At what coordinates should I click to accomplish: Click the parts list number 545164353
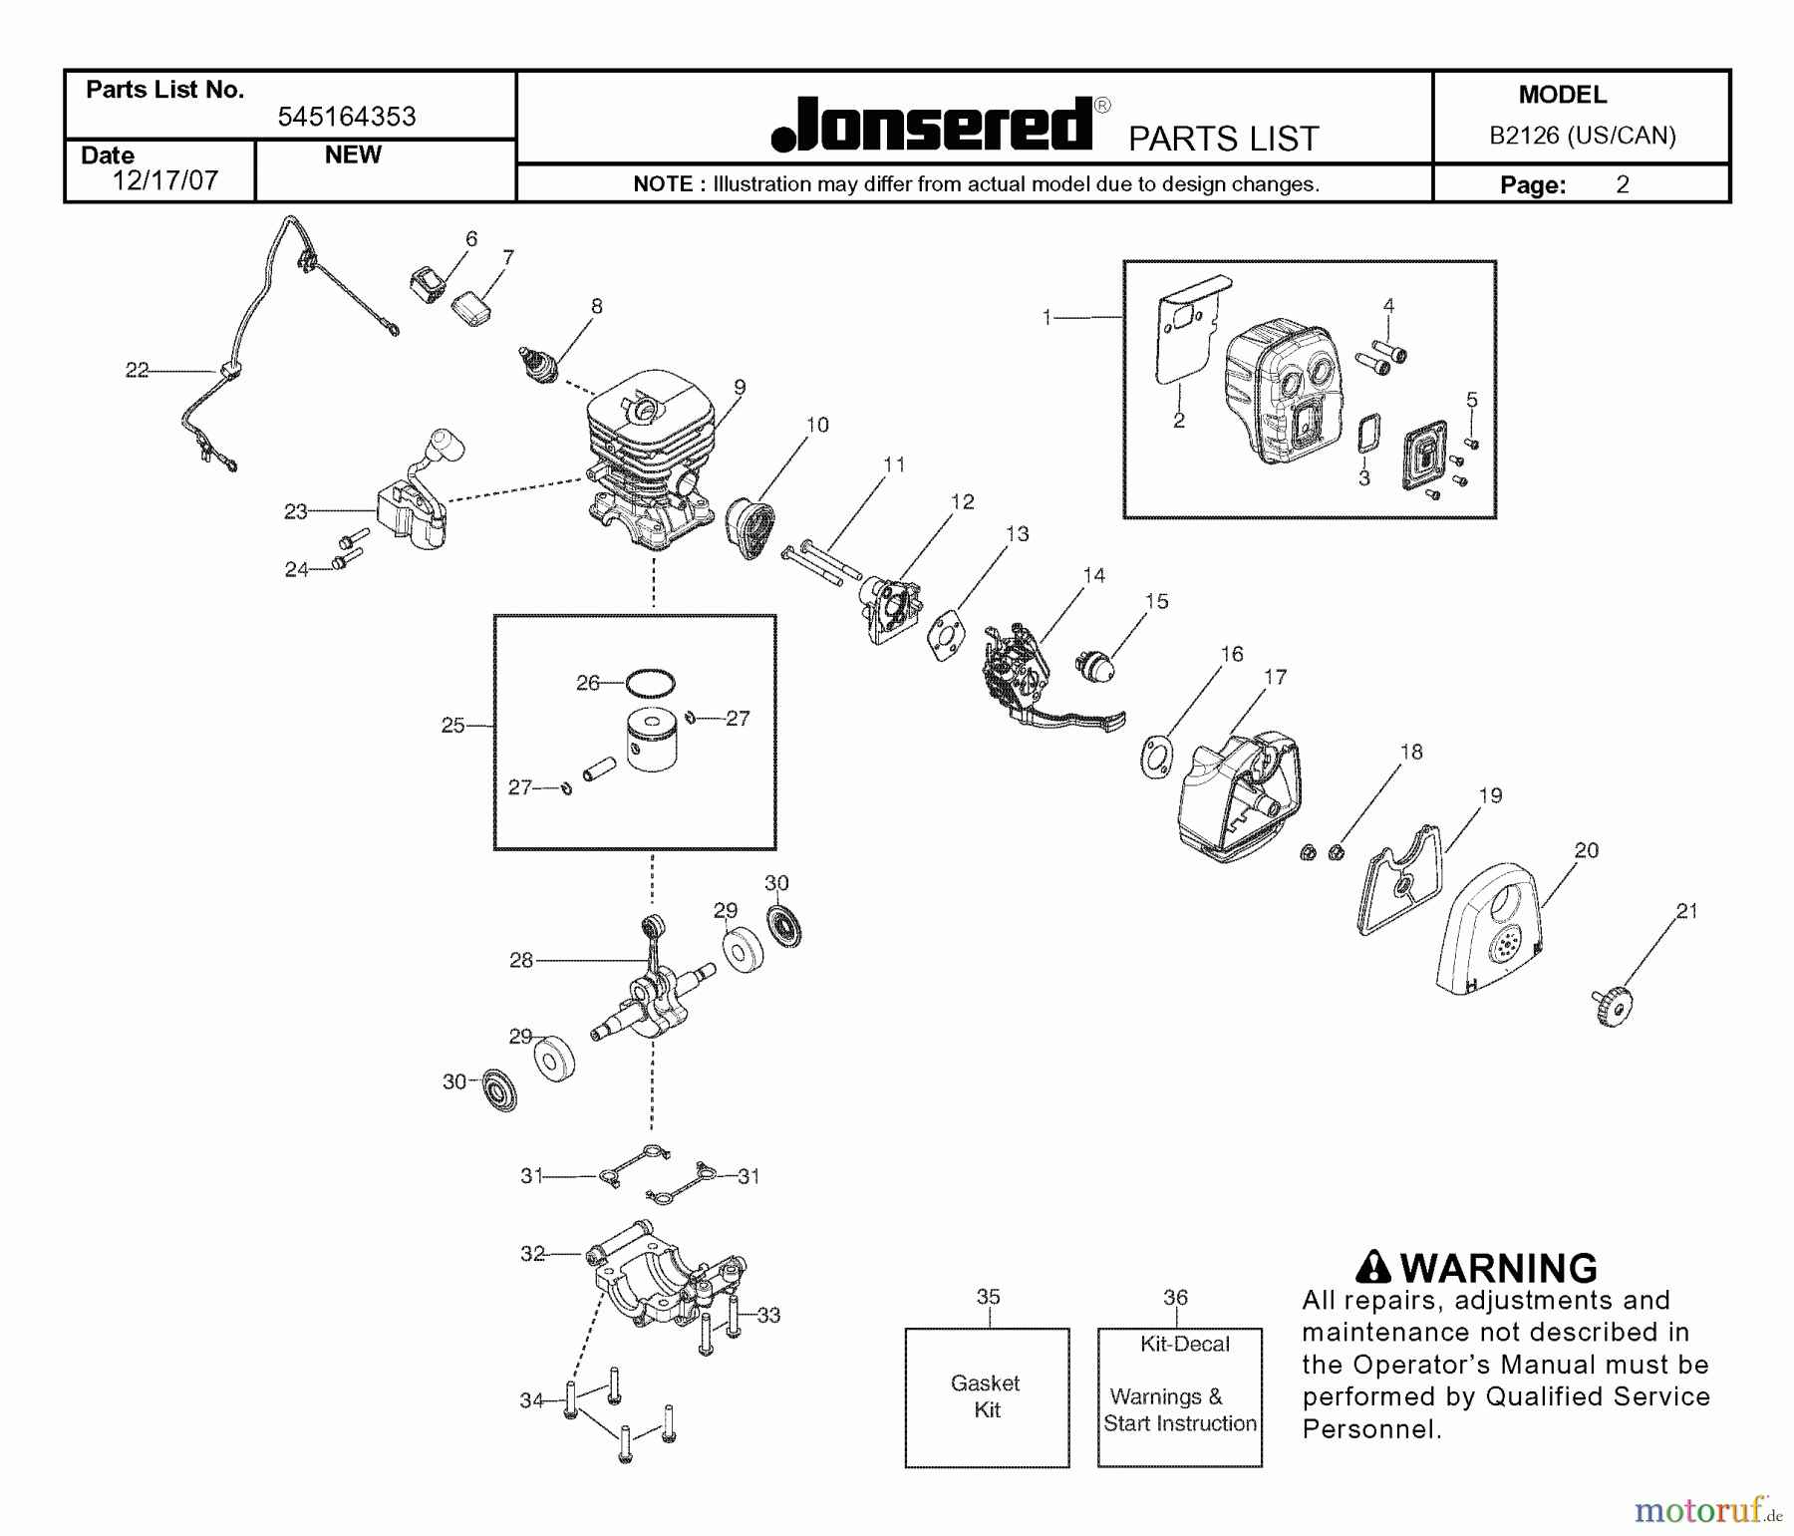coord(347,117)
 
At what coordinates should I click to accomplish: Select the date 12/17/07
coord(164,180)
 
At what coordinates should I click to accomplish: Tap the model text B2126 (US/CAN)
coord(1582,136)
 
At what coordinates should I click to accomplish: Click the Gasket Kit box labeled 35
coord(987,1396)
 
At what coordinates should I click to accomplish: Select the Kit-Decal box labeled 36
coord(1180,1396)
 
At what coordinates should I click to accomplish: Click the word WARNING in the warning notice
coord(1498,1269)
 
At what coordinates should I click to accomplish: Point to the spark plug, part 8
coord(538,365)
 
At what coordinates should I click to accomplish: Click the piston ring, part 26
coord(650,684)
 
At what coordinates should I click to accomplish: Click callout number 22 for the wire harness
coord(137,371)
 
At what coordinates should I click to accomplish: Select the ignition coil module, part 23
coord(411,514)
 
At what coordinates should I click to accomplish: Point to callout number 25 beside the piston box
coord(452,726)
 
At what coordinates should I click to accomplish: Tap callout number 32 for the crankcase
coord(532,1254)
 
